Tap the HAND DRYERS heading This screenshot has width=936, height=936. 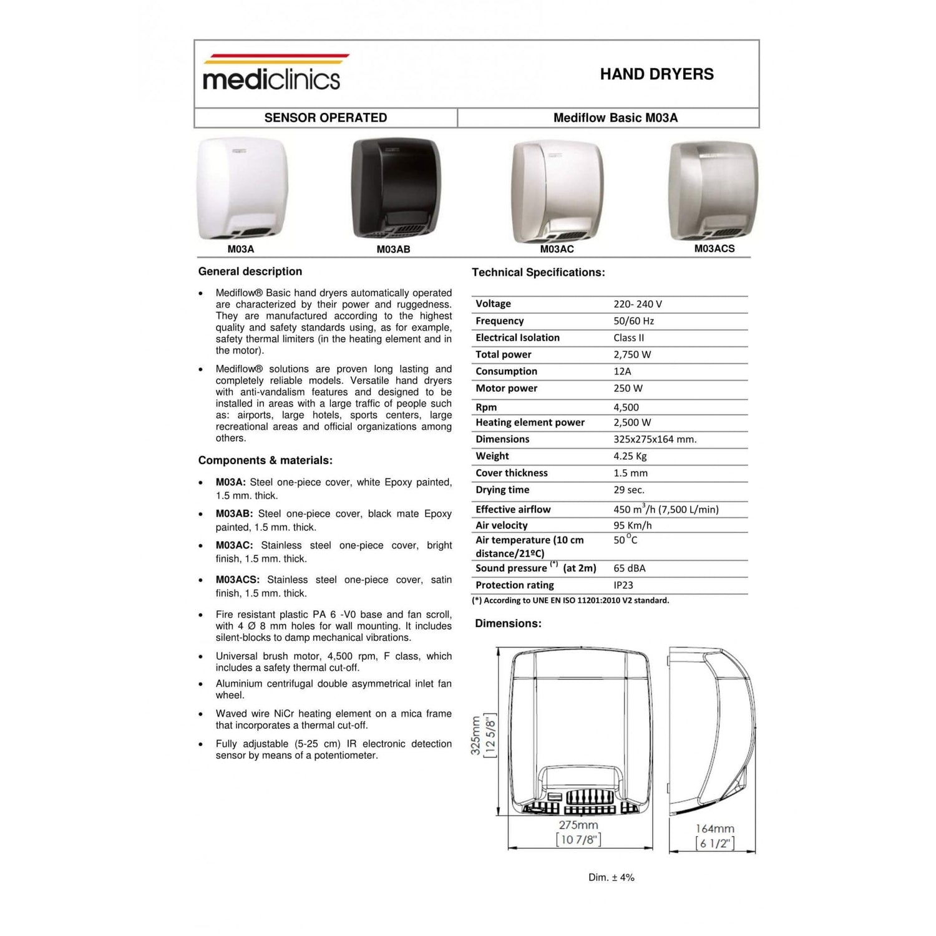pos(656,74)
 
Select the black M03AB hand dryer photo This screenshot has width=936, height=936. pos(396,188)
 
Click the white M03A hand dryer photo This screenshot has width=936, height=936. pos(242,188)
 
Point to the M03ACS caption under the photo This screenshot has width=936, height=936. pos(714,248)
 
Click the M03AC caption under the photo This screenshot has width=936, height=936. pos(557,249)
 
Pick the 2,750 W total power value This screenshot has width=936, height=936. pos(631,354)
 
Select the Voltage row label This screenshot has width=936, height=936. pos(493,304)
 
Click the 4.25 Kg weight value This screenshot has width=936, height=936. pos(630,456)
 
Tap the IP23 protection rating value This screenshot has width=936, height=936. pos(623,585)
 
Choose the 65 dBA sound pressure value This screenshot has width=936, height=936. pos(629,568)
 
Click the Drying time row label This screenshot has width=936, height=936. pos(502,490)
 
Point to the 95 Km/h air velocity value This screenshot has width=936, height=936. pos(632,525)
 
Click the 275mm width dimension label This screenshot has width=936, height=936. pos(578,825)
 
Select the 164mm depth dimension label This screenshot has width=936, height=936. pos(714,829)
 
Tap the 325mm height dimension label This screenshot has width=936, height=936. pos(475,736)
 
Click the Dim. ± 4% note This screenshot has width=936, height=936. pos(611,877)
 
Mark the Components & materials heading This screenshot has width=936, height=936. pos(265,461)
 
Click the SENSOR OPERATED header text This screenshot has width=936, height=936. pos(325,118)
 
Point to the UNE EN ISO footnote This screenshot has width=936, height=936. pos(570,600)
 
